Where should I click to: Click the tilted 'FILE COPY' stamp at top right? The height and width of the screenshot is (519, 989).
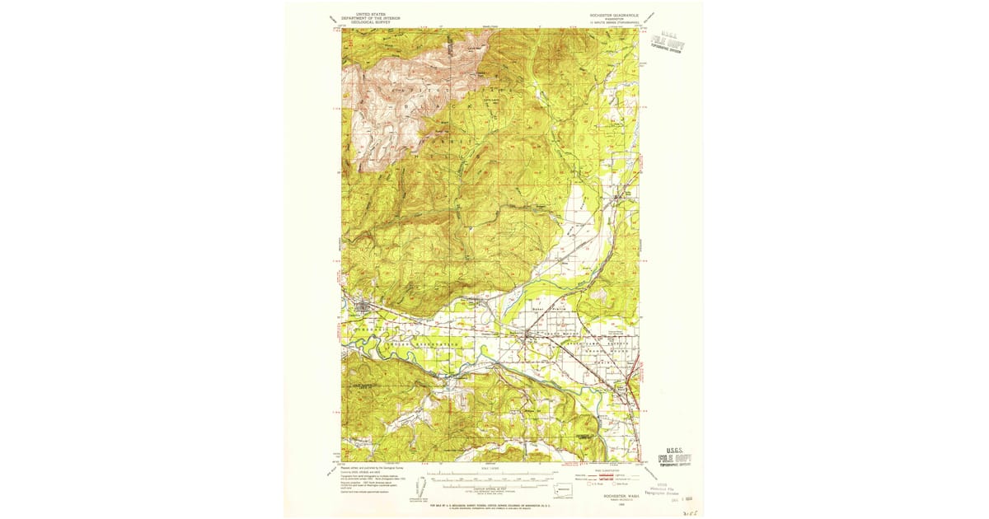tap(668, 42)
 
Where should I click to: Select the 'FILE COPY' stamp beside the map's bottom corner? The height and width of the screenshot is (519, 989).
tap(675, 457)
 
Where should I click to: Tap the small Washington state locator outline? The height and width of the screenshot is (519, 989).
tap(563, 489)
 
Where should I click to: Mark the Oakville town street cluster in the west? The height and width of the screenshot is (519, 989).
tap(361, 308)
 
